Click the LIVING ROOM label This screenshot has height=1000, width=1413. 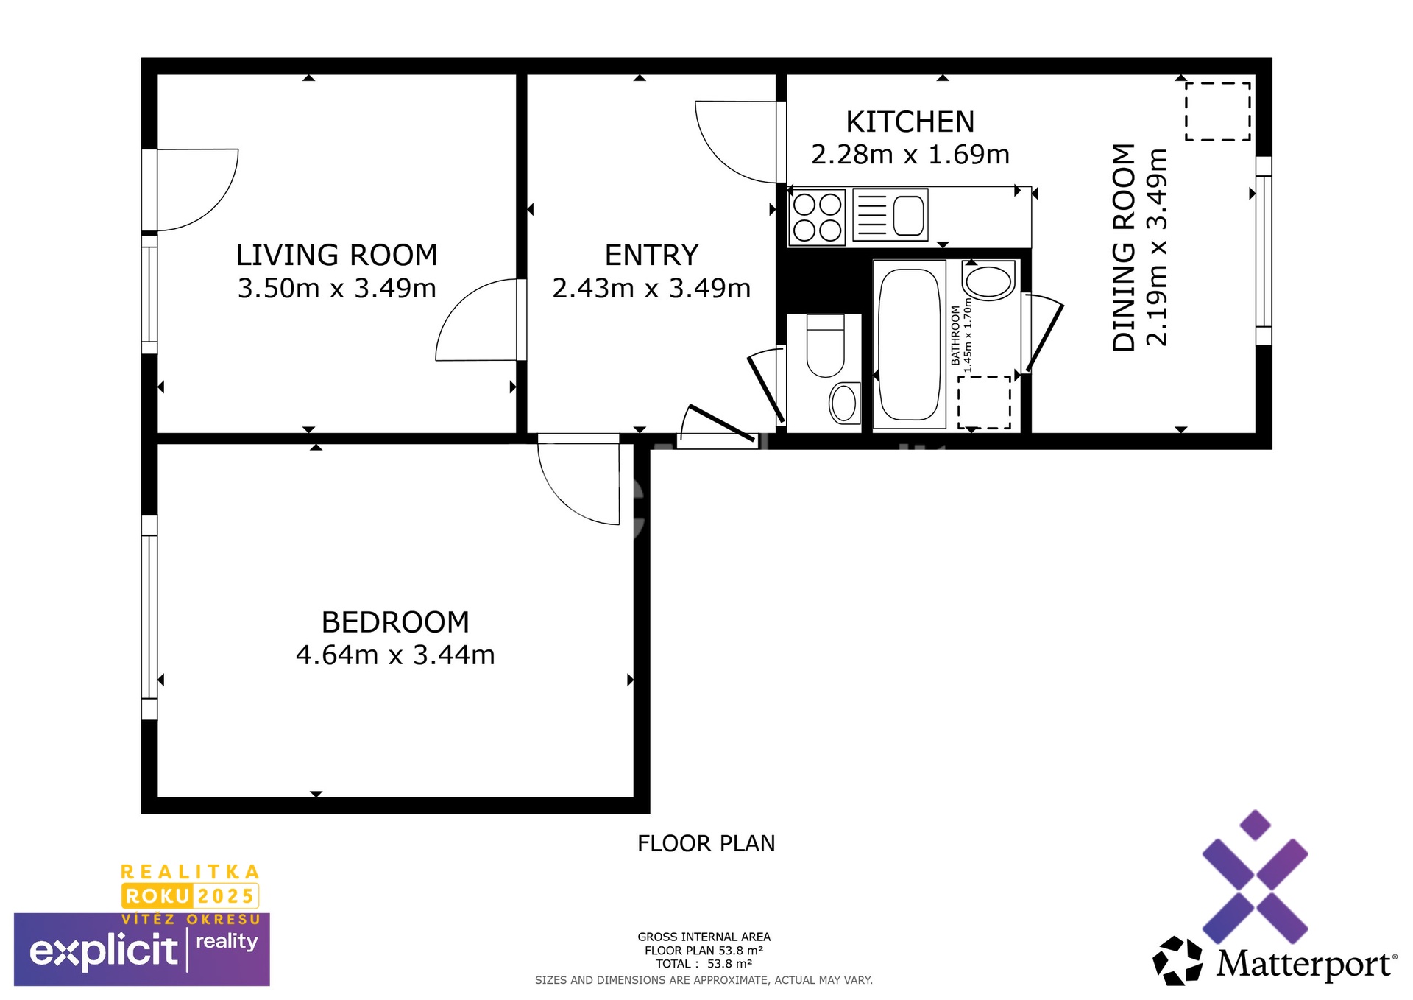click(x=336, y=256)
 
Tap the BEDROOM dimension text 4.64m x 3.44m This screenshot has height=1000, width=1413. click(x=395, y=655)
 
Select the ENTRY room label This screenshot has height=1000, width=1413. click(x=651, y=256)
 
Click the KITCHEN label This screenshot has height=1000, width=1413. click(x=910, y=122)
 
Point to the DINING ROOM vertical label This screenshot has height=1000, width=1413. click(x=1124, y=247)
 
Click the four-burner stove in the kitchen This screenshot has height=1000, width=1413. click(x=817, y=216)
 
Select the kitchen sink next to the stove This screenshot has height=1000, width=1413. click(x=890, y=215)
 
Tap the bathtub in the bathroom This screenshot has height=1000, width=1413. click(x=910, y=344)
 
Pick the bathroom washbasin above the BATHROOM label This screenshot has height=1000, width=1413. click(x=988, y=281)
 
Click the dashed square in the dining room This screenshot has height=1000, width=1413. click(x=1217, y=111)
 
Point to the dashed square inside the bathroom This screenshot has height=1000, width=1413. click(x=984, y=402)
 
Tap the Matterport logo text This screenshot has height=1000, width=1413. click(x=1304, y=964)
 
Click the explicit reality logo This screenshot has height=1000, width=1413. click(x=142, y=950)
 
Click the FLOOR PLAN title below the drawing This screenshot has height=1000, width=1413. click(x=706, y=843)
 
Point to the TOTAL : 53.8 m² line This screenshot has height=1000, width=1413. click(x=704, y=964)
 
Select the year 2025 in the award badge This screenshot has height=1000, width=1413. click(x=225, y=896)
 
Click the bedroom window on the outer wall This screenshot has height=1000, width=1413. click(x=149, y=617)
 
